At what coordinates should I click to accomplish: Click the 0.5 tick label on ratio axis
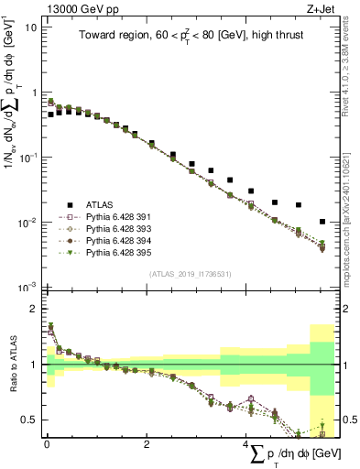click(x=29, y=420)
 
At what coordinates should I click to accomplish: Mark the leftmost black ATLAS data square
click(x=50, y=115)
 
